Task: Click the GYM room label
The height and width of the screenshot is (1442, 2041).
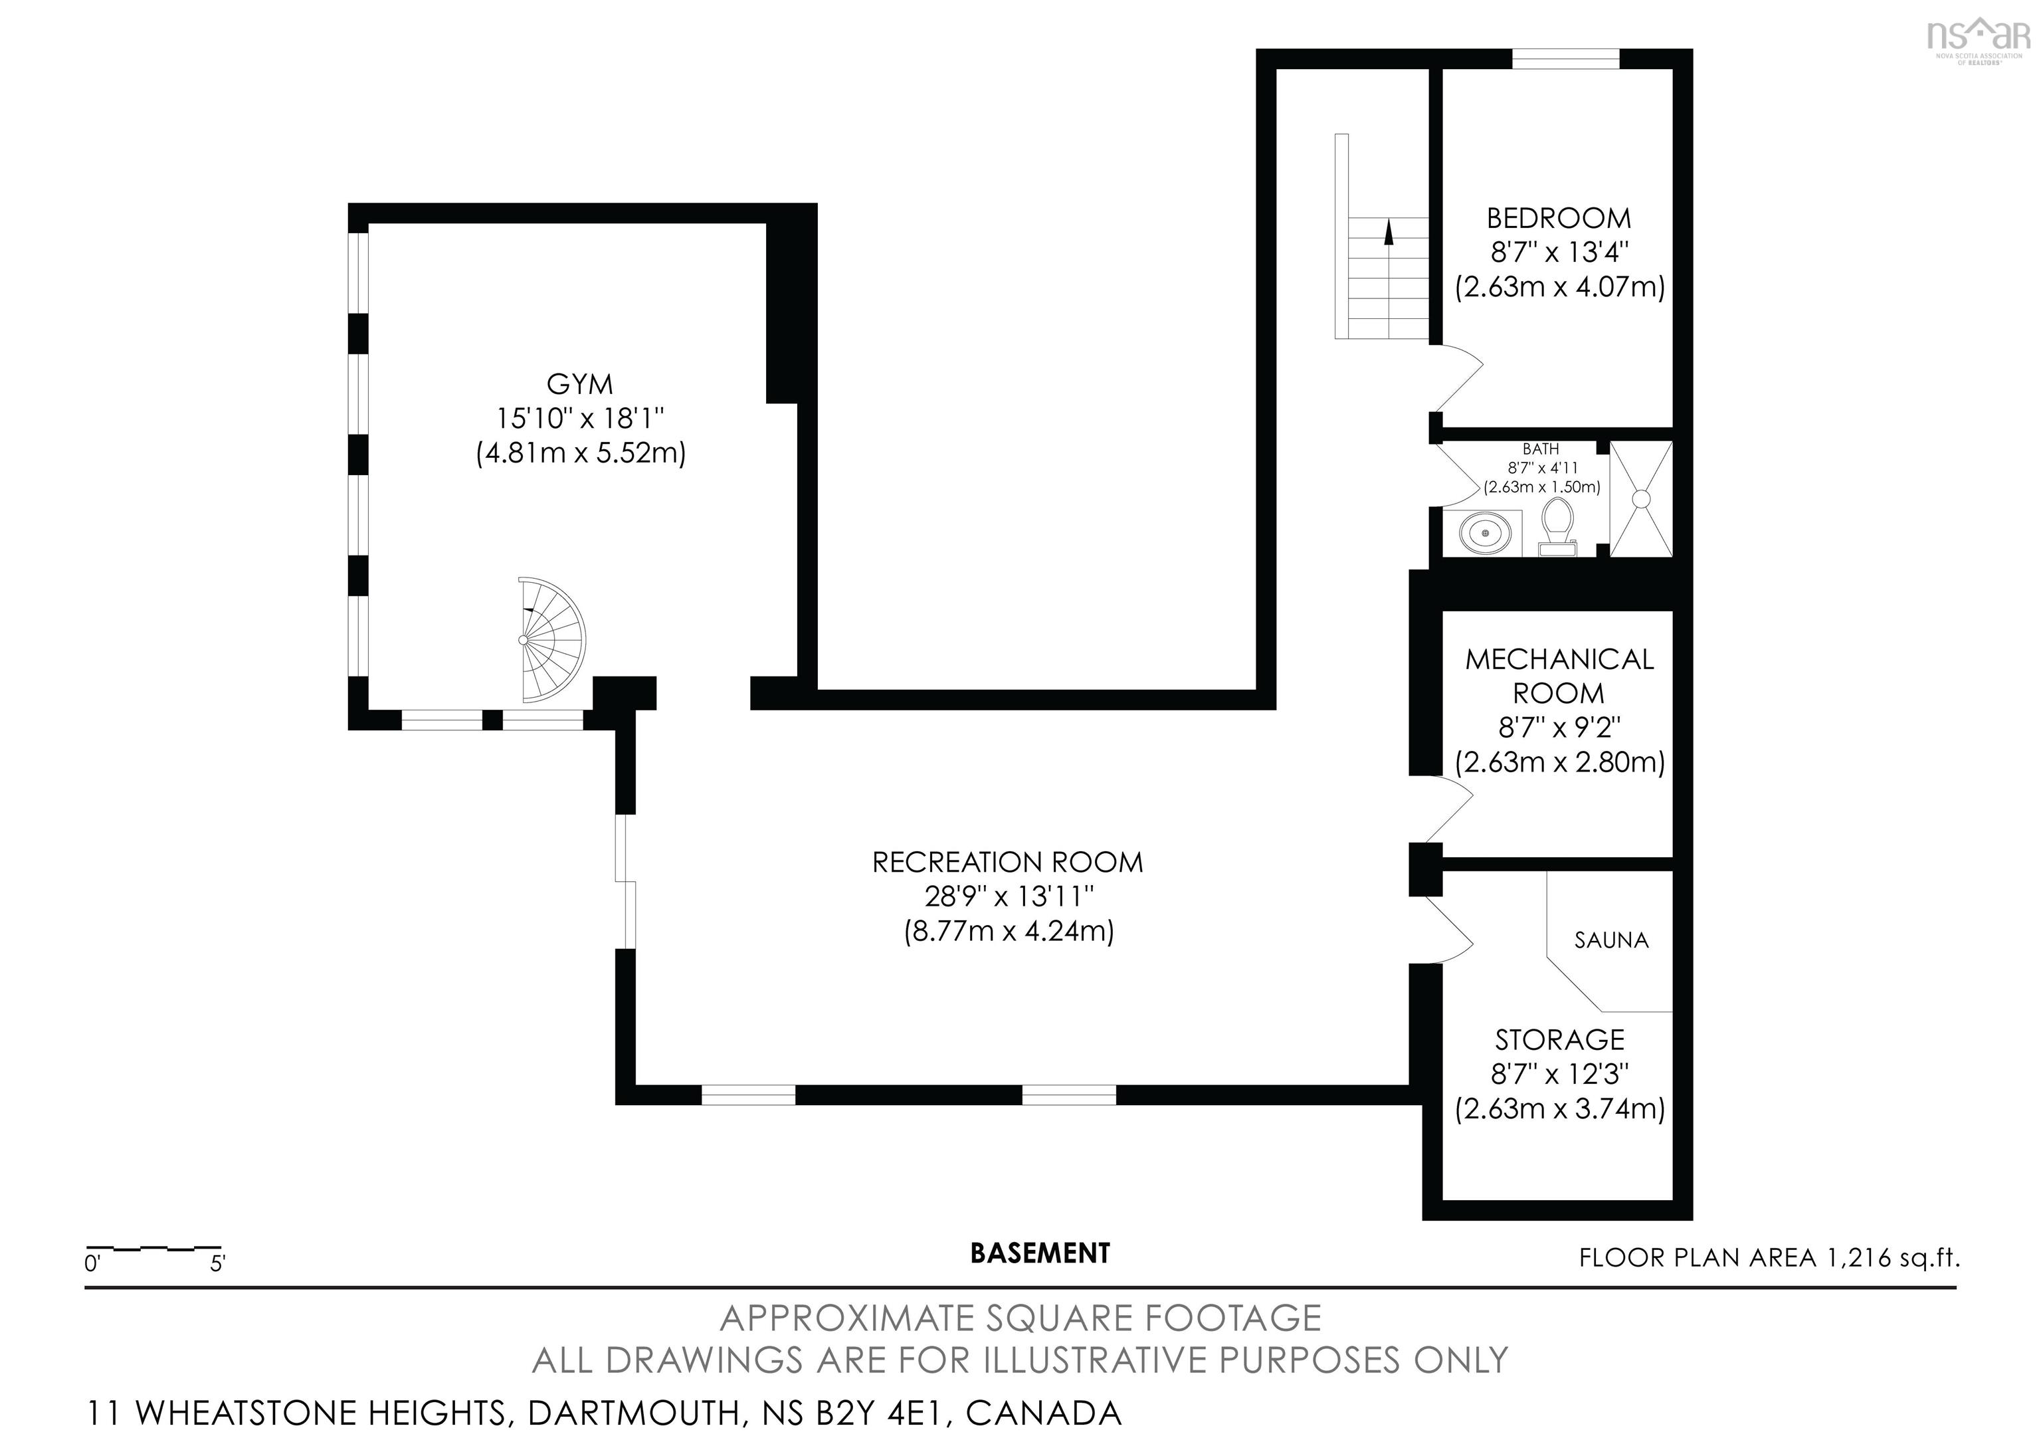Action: [x=579, y=384]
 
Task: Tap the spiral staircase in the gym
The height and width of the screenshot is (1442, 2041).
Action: [x=552, y=639]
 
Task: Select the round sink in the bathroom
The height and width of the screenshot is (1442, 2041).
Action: [x=1484, y=534]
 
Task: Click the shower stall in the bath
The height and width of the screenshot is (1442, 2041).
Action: [x=1641, y=499]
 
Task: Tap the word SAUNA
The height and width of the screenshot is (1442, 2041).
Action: [x=1610, y=940]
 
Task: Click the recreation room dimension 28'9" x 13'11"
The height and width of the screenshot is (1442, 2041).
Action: [x=1008, y=896]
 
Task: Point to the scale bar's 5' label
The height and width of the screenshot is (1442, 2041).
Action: [x=218, y=1263]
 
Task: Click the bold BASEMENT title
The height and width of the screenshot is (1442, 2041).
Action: [x=1040, y=1253]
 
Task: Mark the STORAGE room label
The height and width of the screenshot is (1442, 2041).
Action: [x=1559, y=1039]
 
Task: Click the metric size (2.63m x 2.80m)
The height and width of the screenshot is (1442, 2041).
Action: [x=1559, y=762]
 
